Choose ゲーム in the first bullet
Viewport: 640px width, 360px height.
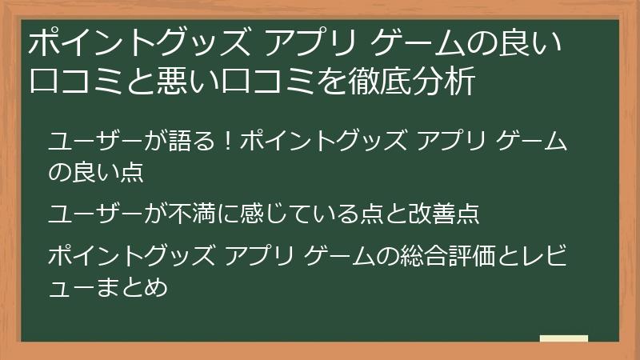(x=528, y=143)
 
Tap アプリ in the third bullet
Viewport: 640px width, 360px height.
(x=263, y=257)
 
